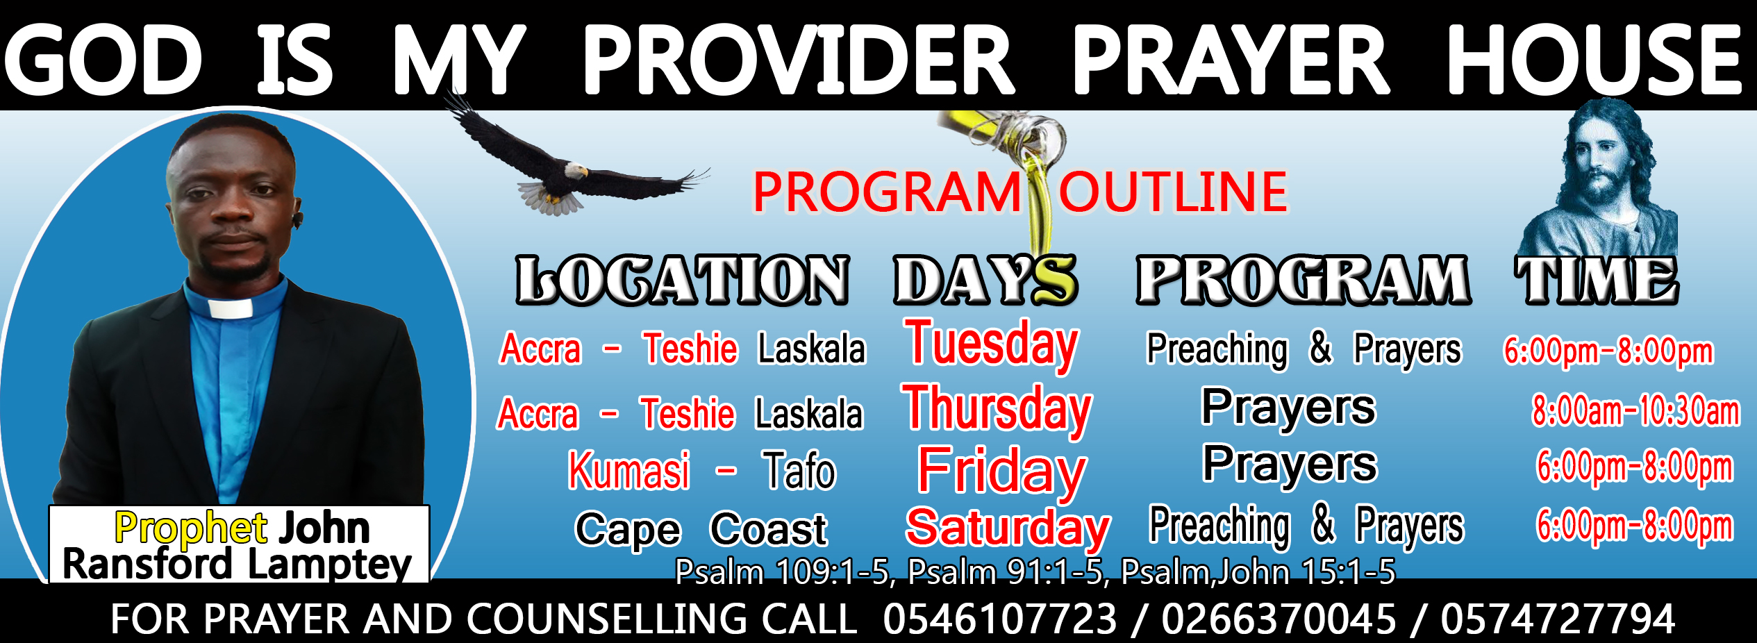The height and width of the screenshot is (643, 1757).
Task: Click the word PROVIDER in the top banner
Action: tap(799, 60)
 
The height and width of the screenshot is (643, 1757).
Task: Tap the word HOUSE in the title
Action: tap(1594, 60)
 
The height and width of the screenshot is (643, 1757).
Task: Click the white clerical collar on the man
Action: tap(230, 308)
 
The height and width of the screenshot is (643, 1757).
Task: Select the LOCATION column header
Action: tap(682, 280)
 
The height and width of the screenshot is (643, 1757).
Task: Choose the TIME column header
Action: tap(1597, 280)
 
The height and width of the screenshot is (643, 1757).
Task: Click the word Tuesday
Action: tap(991, 344)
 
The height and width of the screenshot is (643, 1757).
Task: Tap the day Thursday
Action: tap(997, 409)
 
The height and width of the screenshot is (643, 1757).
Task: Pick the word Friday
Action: tap(1002, 471)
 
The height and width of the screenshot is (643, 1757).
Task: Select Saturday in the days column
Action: tap(1008, 528)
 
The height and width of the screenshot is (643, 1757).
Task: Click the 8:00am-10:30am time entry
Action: tap(1636, 410)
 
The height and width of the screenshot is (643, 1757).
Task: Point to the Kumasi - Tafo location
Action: tap(702, 471)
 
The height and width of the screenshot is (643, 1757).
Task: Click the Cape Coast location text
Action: tap(701, 530)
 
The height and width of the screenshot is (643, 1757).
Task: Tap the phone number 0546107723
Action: tap(1000, 619)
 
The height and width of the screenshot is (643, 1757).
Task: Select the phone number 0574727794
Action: tap(1558, 619)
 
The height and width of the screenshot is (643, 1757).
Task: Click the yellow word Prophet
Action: tap(191, 528)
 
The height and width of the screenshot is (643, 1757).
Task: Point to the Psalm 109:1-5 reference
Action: tap(782, 572)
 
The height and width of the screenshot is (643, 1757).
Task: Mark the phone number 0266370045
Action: tap(1279, 619)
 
